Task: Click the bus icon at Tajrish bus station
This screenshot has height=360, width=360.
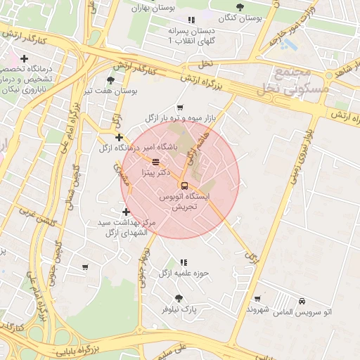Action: pos(184,186)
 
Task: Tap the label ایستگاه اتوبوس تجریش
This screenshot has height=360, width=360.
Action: pos(184,205)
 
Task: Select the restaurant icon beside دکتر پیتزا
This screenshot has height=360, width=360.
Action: pos(155,161)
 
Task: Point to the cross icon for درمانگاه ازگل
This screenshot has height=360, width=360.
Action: pos(120,137)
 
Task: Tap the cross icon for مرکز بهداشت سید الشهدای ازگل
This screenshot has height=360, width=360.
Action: pos(126,212)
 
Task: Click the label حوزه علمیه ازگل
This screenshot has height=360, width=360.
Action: pos(184,273)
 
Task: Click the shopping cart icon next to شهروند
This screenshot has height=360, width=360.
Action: pos(257,299)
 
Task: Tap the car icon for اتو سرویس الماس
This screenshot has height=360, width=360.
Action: pos(302,300)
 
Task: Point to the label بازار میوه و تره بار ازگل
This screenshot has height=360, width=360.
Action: pos(179,118)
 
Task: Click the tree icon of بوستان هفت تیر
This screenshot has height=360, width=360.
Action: pos(111,81)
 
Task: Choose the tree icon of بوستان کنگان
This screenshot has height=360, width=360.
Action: pos(240,7)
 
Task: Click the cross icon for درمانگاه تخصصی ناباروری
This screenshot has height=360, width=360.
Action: pos(24,58)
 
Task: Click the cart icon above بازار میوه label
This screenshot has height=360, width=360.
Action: pos(180,108)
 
